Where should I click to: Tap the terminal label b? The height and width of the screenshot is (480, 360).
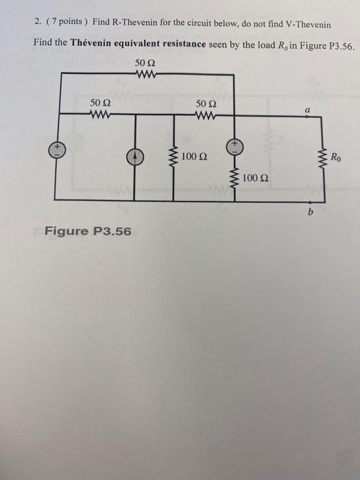click(x=310, y=214)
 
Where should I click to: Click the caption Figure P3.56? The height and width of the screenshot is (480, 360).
click(x=88, y=230)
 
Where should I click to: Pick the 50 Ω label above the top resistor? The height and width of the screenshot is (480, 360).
click(x=147, y=63)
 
